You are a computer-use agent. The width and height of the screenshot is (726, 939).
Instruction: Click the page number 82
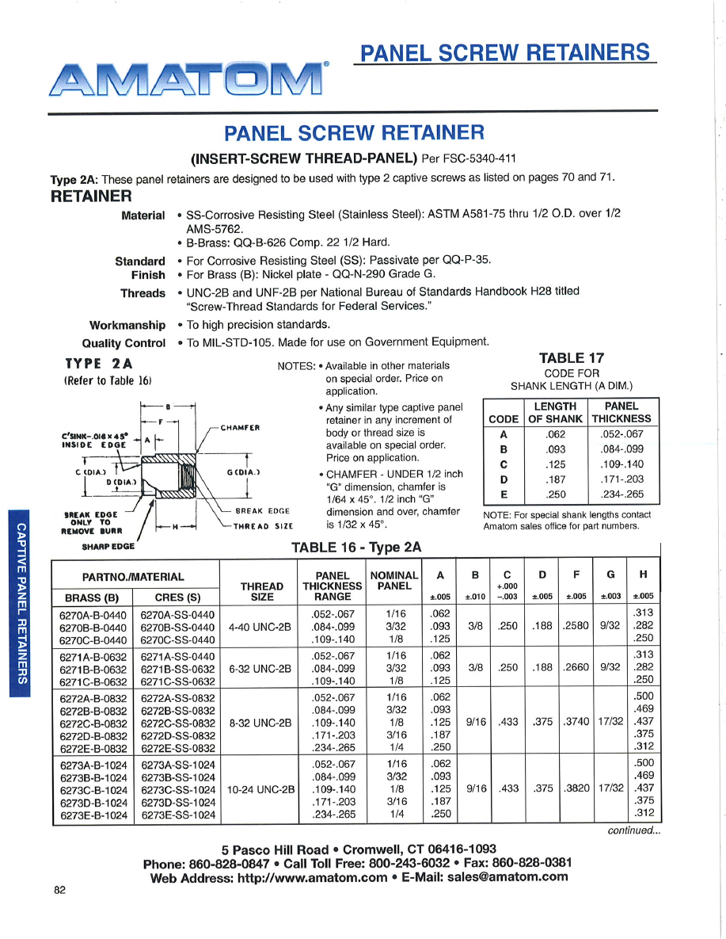click(59, 890)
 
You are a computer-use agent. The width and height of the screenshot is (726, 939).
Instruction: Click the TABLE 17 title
click(572, 359)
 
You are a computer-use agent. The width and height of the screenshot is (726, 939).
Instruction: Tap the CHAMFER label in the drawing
click(241, 428)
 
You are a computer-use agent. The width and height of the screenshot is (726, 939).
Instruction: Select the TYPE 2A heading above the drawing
click(99, 365)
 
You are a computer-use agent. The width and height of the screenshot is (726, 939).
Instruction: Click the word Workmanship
click(127, 325)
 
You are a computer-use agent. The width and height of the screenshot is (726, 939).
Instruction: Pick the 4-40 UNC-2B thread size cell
click(260, 627)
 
